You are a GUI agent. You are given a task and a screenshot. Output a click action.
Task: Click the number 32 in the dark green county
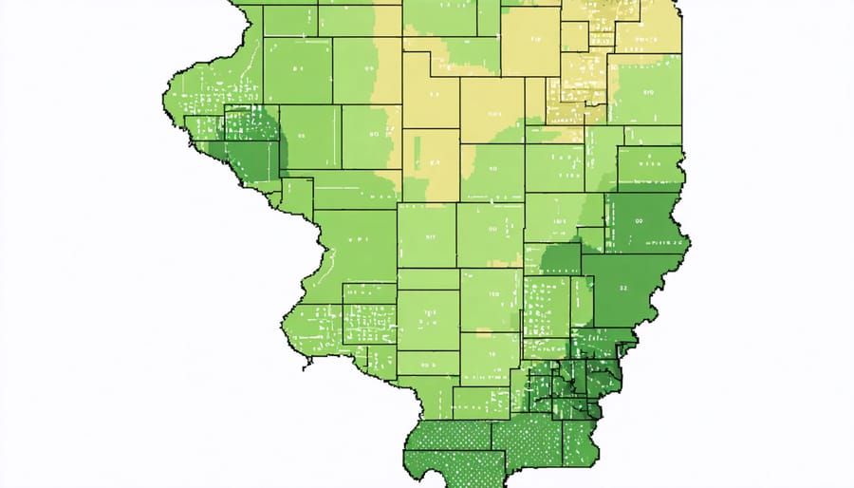tap(622, 286)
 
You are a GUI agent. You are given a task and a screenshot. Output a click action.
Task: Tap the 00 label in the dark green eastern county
tap(638, 220)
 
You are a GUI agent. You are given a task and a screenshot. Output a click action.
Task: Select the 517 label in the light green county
tap(428, 237)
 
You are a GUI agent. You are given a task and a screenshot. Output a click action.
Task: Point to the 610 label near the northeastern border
tap(649, 93)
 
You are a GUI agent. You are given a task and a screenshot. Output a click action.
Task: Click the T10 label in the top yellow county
tap(534, 40)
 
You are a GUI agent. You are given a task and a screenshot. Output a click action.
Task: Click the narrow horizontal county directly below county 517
tap(428, 278)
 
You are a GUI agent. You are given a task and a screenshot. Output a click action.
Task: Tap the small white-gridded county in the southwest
tap(369, 324)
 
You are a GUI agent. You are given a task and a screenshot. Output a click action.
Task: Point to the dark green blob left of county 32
tap(562, 258)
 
